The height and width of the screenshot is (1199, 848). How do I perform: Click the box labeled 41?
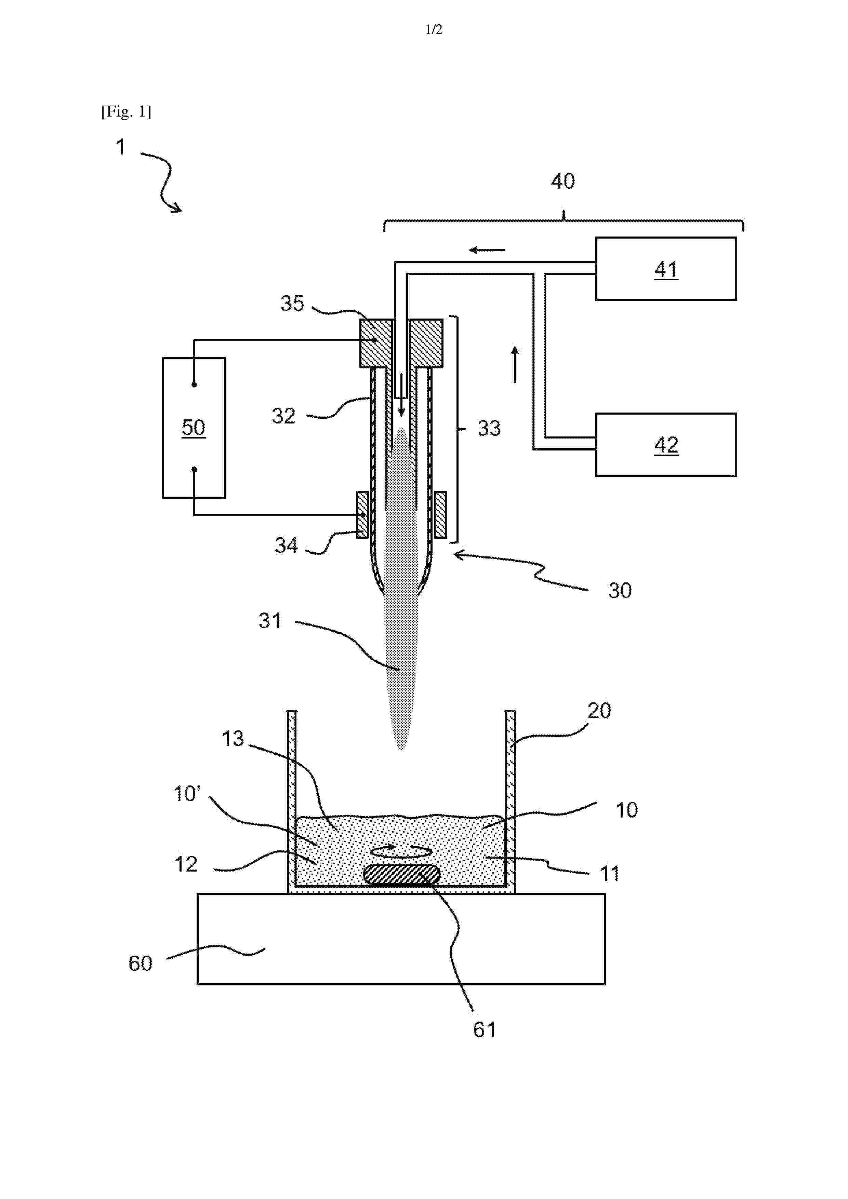tap(666, 268)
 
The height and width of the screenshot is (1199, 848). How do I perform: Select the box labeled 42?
tap(666, 444)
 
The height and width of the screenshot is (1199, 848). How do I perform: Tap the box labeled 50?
tap(194, 428)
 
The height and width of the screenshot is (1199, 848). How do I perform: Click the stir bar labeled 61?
tap(402, 874)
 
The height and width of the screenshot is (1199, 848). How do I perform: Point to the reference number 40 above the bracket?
tap(563, 181)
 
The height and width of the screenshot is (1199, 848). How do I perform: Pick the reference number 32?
tap(284, 416)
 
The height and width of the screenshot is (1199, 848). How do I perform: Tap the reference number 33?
tap(489, 428)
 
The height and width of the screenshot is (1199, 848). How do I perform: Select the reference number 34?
tap(286, 546)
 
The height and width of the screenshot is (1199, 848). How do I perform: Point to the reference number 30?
tap(620, 591)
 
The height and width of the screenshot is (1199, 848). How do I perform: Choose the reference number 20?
tap(599, 711)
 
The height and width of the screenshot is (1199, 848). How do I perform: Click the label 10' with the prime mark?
tap(187, 794)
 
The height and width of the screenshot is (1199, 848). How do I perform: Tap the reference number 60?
tap(140, 964)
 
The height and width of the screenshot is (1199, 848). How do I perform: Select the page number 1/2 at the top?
tap(434, 29)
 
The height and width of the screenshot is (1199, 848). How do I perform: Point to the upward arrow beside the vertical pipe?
tap(515, 364)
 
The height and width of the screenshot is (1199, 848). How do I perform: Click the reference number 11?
tap(609, 874)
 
